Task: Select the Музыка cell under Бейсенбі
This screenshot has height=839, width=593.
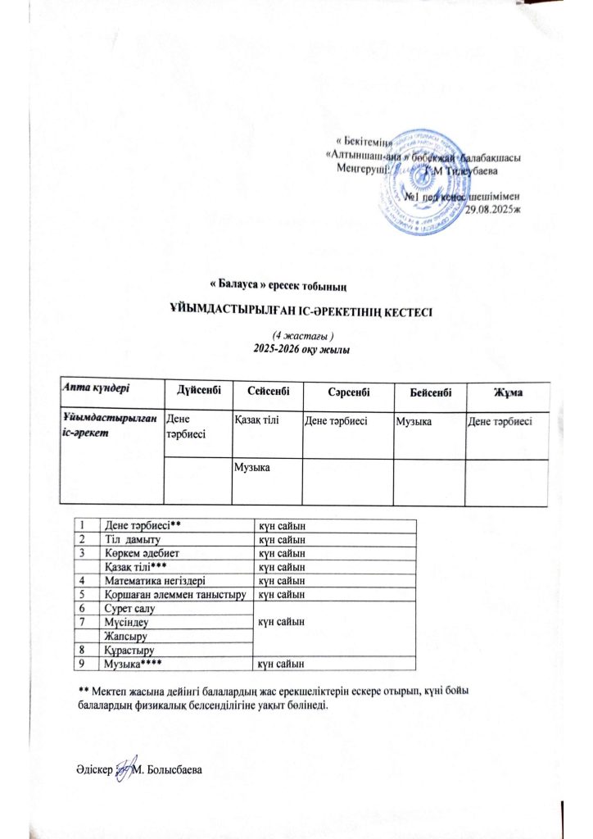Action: (414, 420)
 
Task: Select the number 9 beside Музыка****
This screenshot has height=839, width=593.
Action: (82, 663)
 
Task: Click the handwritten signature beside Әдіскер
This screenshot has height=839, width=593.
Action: (124, 769)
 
